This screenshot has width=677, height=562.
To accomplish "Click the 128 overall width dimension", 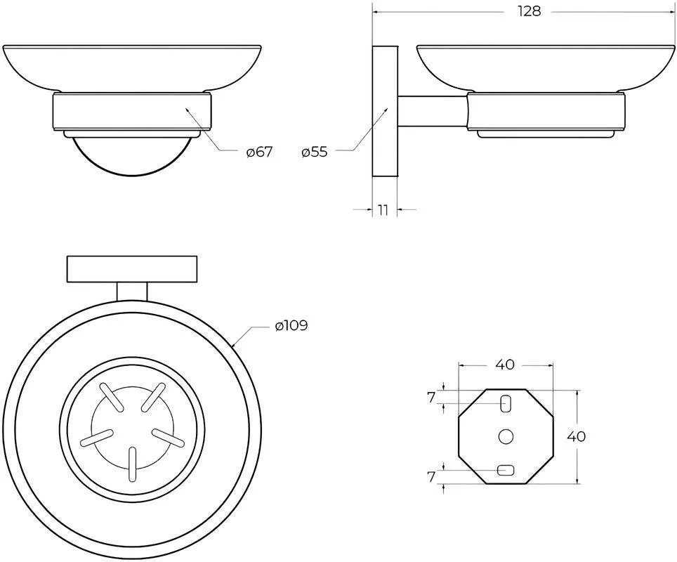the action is click(530, 11).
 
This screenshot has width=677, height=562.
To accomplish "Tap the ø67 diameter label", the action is click(259, 152).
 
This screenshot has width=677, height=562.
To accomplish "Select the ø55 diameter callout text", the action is click(315, 152).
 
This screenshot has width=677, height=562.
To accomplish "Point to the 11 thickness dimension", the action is click(383, 210).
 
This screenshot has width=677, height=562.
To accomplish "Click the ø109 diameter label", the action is click(291, 325).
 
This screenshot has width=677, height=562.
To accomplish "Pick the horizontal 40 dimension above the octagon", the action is click(505, 365).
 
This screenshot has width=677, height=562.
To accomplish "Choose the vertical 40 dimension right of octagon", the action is click(576, 436).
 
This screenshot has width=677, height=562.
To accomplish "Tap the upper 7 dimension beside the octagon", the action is click(431, 398).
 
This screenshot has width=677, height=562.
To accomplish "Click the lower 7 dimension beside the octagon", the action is click(431, 476).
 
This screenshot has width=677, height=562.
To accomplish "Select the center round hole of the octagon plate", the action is click(505, 436).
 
